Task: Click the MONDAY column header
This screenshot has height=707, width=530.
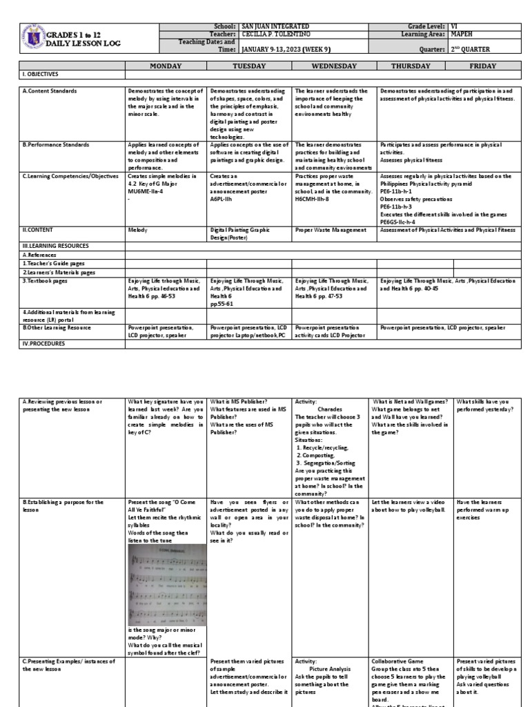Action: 166,66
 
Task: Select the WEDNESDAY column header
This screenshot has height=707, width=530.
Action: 334,66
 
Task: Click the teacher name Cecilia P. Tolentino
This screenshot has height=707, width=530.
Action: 273,33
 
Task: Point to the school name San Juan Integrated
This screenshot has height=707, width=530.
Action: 270,26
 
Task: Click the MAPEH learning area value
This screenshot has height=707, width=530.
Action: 463,33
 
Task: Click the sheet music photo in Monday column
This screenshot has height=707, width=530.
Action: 166,585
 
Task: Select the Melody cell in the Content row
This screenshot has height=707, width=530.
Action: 137,230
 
